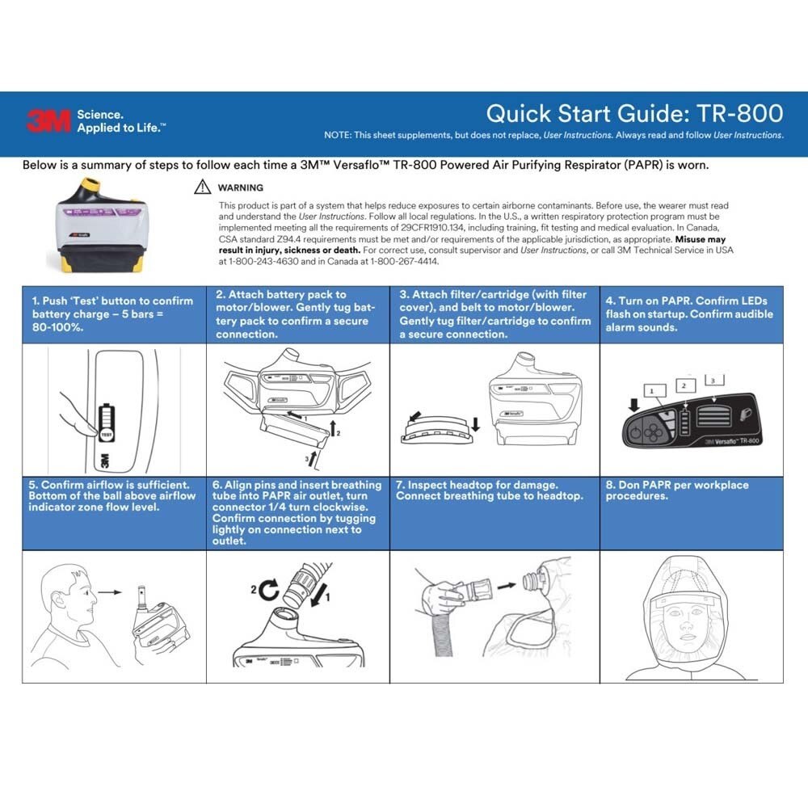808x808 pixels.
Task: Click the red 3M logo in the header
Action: tap(49, 120)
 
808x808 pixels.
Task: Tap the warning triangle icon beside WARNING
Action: tap(202, 187)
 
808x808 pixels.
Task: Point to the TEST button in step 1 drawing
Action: tap(105, 434)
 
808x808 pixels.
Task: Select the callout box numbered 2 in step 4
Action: tap(684, 386)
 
